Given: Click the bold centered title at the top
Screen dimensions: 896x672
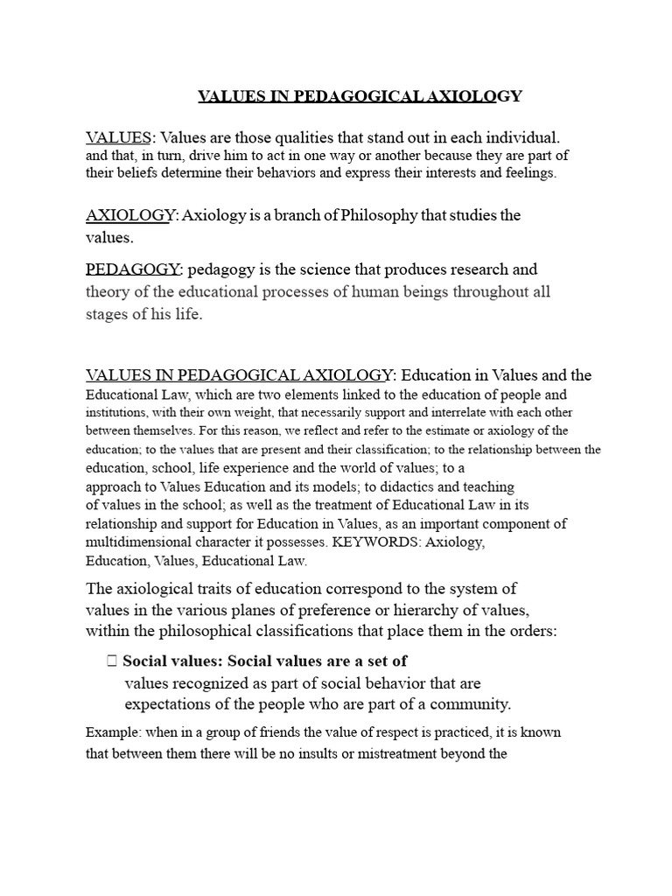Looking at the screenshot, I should coord(360,95).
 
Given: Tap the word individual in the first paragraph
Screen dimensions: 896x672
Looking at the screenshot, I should coord(520,138).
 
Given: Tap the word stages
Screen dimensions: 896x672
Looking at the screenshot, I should coord(107,314).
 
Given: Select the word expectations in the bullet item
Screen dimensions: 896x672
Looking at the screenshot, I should coord(168,703).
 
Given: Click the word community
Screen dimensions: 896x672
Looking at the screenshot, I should coord(471,703).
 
